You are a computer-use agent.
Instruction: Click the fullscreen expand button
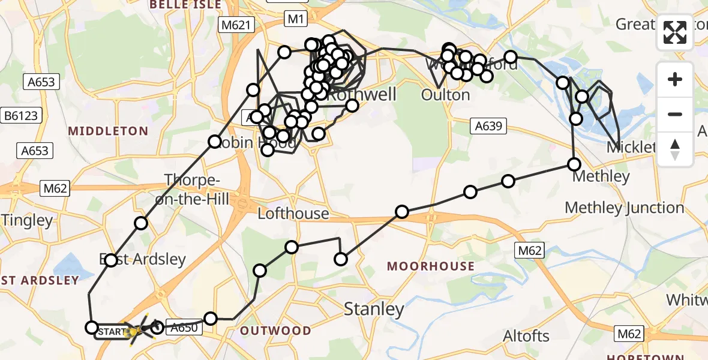pos(675,32)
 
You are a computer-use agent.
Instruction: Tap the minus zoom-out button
pos(675,114)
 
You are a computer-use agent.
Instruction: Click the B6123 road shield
pos(21,115)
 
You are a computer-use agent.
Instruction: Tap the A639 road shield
pos(488,126)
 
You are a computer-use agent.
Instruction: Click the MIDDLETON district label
pos(108,131)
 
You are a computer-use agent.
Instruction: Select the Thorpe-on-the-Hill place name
pos(197,190)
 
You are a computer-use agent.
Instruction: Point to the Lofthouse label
pos(293,213)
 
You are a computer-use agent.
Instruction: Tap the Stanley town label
pos(373,309)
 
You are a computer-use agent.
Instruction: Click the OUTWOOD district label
pos(275,331)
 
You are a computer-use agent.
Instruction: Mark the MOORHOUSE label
pos(430,266)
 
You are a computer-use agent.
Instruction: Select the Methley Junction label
pos(624,208)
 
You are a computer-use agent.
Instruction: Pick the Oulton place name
pos(445,95)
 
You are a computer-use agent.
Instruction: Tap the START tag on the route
pos(112,331)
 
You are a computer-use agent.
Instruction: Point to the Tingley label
pos(27,220)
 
